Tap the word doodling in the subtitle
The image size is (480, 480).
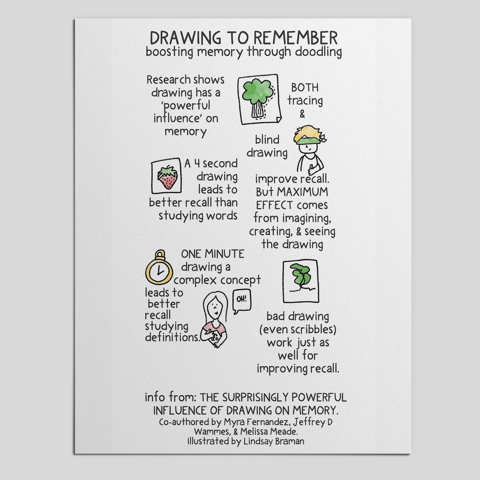[318, 52]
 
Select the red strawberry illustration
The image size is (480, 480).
[167, 178]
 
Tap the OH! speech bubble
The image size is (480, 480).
[242, 300]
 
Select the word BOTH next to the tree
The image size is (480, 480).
[305, 88]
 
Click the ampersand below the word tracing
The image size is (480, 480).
[302, 114]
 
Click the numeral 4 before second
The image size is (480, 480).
[197, 164]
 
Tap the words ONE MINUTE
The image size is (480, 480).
[212, 254]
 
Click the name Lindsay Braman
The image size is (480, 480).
[274, 442]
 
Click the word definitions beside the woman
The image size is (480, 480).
[172, 337]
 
